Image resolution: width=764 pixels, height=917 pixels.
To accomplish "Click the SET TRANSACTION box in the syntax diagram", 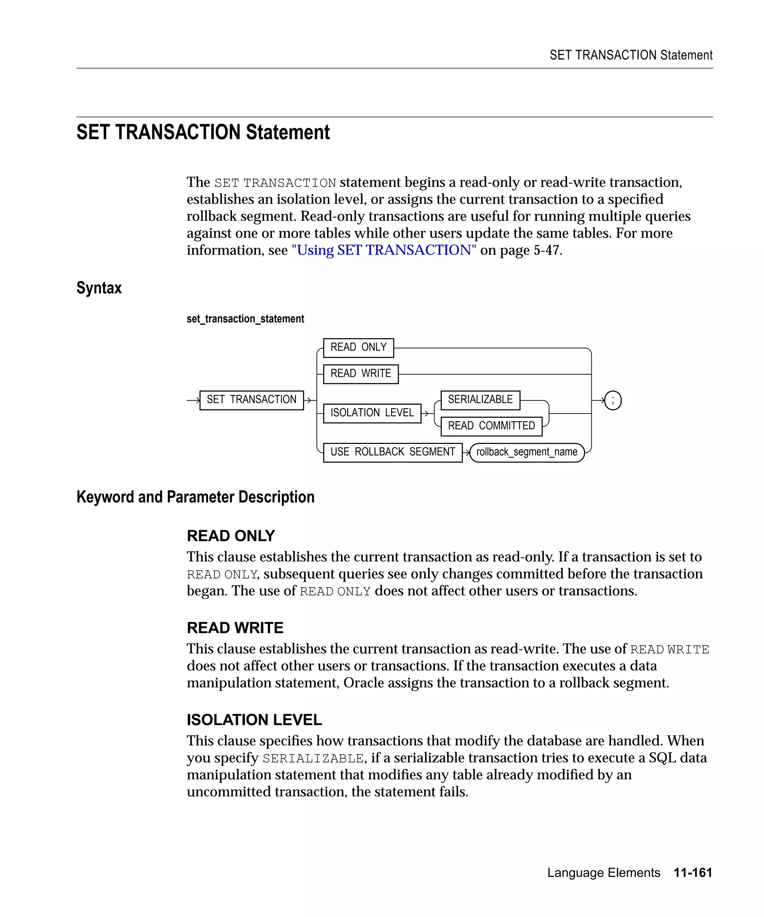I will [x=251, y=400].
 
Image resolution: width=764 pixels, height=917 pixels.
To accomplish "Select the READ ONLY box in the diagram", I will [x=358, y=348].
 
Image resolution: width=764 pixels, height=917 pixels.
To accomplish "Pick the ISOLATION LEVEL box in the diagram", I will [x=372, y=413].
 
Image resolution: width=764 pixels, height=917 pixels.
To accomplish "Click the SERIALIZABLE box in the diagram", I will [x=480, y=400].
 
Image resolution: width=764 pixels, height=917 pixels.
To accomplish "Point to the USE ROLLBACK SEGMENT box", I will [x=392, y=453].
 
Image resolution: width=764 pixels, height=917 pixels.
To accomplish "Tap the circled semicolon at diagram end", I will [x=613, y=400].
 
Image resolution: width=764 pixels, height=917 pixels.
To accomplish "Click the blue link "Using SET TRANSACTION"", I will [x=384, y=250].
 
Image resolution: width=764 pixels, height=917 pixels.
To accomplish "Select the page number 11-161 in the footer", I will [x=692, y=873].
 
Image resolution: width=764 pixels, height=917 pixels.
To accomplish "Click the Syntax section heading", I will [x=99, y=288].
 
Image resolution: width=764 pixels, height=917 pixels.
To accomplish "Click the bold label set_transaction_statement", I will [x=245, y=319].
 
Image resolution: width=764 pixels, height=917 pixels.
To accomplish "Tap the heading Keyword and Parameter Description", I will [x=195, y=497].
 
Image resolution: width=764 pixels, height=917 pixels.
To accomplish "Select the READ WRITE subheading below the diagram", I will [x=235, y=627].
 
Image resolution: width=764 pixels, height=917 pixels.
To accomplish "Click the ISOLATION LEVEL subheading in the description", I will [x=254, y=720].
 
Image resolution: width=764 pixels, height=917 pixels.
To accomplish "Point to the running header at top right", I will [x=630, y=55].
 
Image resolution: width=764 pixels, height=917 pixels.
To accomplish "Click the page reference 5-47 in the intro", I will [x=546, y=250].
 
